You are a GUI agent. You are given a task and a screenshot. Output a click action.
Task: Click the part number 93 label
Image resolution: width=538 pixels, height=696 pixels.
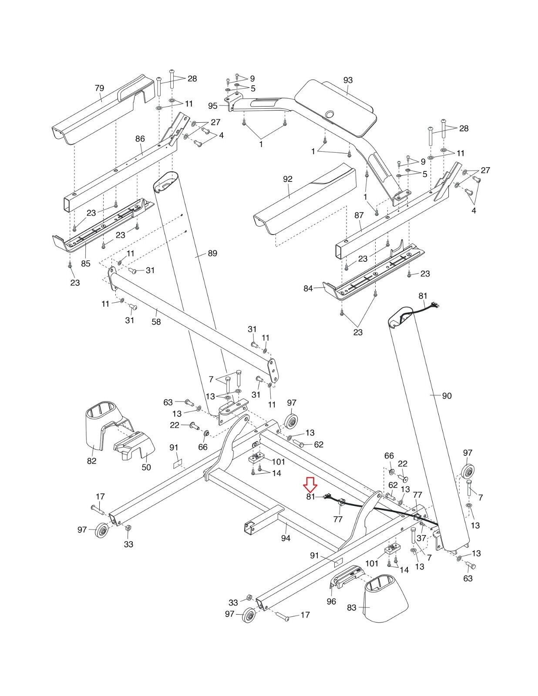coord(348,80)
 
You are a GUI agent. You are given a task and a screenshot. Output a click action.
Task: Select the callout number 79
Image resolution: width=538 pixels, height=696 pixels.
coord(99,88)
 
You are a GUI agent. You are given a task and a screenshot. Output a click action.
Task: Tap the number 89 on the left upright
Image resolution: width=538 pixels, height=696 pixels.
coord(212,253)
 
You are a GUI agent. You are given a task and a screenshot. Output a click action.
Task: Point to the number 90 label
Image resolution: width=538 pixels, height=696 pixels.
coord(447,395)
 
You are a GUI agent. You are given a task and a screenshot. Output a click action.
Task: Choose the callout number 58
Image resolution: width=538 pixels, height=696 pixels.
coord(156,322)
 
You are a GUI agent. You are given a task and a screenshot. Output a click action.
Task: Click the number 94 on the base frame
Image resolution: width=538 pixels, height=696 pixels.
coord(286,538)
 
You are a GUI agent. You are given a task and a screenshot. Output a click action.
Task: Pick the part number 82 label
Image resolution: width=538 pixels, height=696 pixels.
coord(91,461)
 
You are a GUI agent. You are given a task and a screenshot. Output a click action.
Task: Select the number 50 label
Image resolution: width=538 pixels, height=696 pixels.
coord(146,467)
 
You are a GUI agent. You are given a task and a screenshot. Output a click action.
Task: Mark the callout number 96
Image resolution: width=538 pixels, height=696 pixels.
coord(331,602)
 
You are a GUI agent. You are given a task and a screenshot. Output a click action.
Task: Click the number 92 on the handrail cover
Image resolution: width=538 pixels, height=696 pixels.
coord(288,179)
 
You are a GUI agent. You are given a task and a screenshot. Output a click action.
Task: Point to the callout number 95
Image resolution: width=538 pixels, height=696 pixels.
coord(213,106)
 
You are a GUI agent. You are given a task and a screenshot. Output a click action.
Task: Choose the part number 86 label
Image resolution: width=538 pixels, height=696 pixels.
coord(140,139)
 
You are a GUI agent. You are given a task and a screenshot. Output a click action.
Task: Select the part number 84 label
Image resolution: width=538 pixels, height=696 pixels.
coord(308,288)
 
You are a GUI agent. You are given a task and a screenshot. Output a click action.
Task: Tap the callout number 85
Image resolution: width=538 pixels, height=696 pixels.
coord(86,263)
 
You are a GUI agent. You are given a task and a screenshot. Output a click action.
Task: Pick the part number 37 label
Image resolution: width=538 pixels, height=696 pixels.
coord(421,538)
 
